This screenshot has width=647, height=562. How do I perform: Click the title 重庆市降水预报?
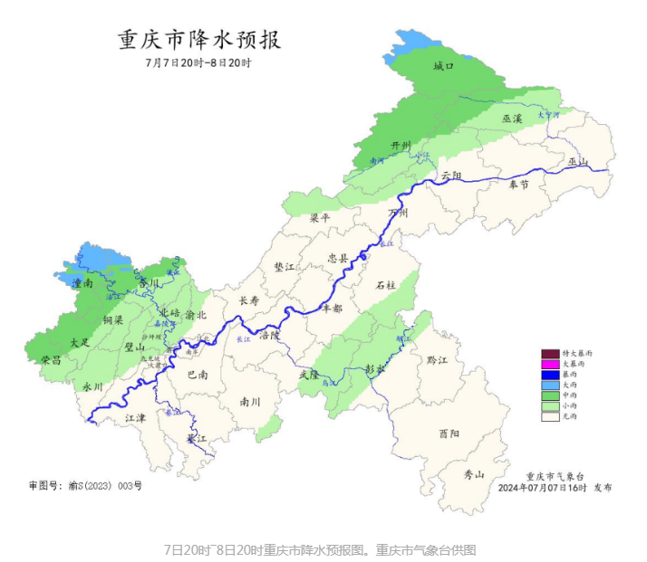[199, 40]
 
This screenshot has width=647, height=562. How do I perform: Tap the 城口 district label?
[442, 66]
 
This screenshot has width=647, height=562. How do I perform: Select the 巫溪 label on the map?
[512, 119]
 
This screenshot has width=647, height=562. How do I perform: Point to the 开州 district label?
[401, 146]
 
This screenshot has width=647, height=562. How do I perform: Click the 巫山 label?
[578, 162]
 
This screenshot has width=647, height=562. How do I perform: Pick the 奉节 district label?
[519, 184]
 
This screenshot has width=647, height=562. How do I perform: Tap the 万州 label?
[399, 213]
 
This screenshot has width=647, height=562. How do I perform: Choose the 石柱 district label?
[386, 284]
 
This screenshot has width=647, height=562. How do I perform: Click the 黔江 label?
[439, 360]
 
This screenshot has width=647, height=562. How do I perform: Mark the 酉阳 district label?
[449, 433]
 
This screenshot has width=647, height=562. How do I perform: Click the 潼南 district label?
[82, 283]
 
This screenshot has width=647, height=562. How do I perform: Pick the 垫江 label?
[285, 267]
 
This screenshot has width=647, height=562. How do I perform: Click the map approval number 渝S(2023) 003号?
[85, 485]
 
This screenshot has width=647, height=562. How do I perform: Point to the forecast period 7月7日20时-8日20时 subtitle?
[198, 63]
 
